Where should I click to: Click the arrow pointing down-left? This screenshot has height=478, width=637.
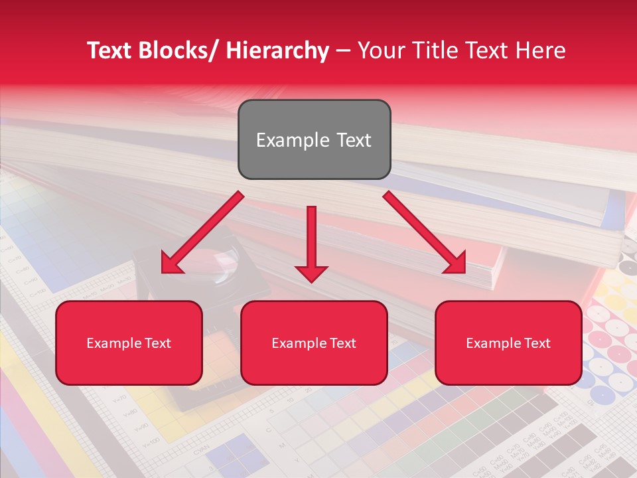pos(202,232)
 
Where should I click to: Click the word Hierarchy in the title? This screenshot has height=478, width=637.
pos(277,50)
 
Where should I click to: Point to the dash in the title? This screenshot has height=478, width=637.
pos(343,51)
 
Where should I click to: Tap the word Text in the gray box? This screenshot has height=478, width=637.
pos(353,140)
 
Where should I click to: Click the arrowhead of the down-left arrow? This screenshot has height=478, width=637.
pos(171,264)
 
